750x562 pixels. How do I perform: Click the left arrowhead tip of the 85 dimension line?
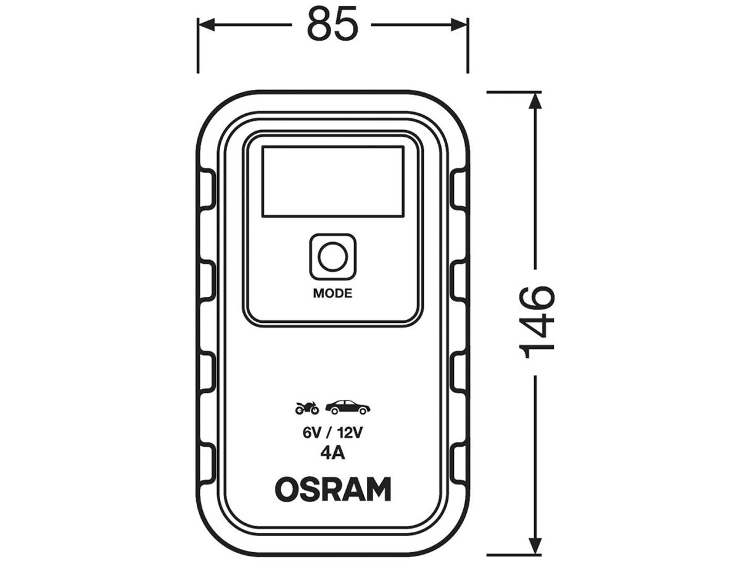point(199,25)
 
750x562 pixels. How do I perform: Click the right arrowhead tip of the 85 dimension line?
point(467,25)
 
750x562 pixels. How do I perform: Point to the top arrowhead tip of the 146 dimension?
point(535,93)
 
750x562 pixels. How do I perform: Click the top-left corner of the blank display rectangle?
point(262,147)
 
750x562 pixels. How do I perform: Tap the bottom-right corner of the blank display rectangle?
point(403,216)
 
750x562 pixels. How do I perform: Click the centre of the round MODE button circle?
point(333,256)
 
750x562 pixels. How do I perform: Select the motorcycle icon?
point(307,408)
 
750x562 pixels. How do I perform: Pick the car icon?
point(348,407)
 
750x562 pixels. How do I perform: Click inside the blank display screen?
point(333,182)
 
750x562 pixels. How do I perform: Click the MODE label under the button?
point(332,293)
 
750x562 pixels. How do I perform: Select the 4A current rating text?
point(332,454)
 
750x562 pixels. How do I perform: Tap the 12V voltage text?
point(350,433)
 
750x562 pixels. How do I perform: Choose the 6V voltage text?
point(312,433)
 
